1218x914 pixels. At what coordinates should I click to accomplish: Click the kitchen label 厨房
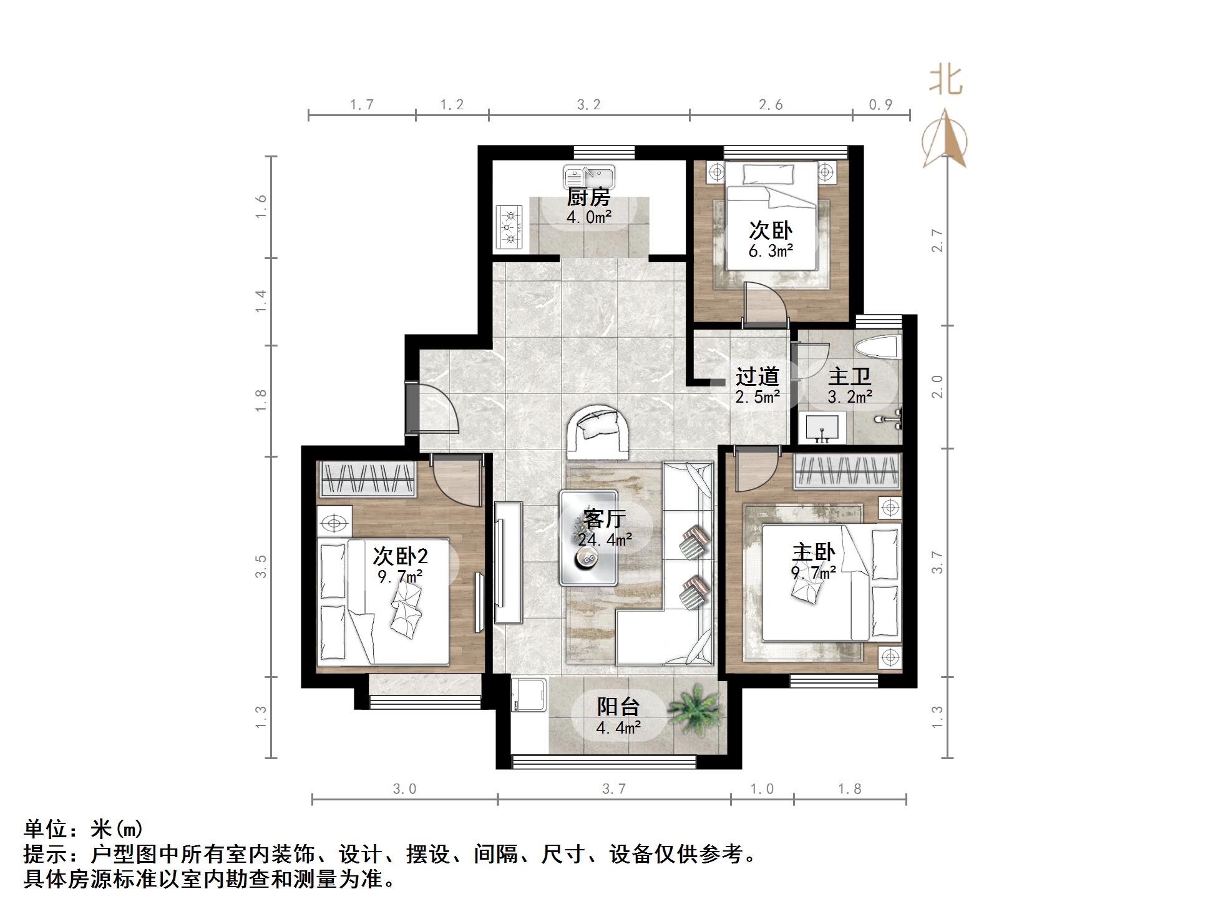pos(588,197)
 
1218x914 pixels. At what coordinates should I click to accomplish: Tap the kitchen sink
pos(589,176)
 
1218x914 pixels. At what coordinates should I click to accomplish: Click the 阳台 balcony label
pos(618,707)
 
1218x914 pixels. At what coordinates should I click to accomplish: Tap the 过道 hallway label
pos(757,376)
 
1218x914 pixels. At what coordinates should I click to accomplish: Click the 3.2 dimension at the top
pos(588,105)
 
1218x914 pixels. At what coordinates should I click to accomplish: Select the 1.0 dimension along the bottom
pos(762,789)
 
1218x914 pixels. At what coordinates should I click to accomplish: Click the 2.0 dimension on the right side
pos(937,386)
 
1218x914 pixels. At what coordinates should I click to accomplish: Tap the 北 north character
pos(946,81)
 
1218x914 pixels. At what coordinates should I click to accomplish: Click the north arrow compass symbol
pos(945,140)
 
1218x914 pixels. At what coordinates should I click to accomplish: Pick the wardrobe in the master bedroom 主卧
pos(847,471)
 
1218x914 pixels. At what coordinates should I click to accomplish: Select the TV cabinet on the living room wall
pos(508,562)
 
